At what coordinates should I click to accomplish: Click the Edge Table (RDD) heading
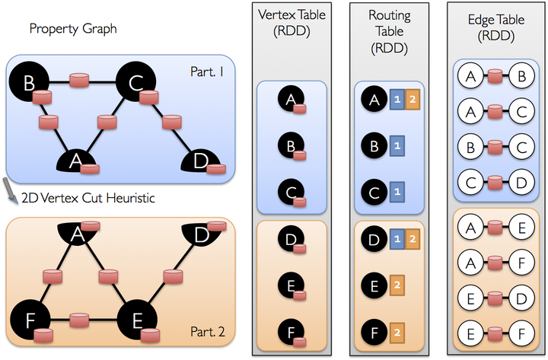click(x=496, y=27)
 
